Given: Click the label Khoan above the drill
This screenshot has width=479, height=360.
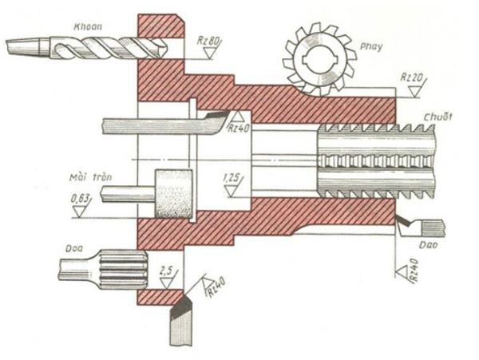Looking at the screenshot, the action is pyautogui.click(x=88, y=26).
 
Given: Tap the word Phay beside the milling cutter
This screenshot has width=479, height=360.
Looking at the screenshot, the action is pyautogui.click(x=370, y=47).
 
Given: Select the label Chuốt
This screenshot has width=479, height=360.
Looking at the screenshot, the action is pyautogui.click(x=437, y=117).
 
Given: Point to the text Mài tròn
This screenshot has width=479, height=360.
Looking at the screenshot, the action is pyautogui.click(x=90, y=177).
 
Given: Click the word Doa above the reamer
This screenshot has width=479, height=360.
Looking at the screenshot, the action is pyautogui.click(x=74, y=248).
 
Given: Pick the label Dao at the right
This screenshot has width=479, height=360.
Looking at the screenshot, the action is pyautogui.click(x=428, y=245).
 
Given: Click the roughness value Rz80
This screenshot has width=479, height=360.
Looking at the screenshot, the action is pyautogui.click(x=208, y=40).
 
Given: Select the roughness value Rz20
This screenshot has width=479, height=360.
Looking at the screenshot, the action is pyautogui.click(x=411, y=77).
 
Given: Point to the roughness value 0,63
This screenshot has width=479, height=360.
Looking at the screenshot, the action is pyautogui.click(x=81, y=199).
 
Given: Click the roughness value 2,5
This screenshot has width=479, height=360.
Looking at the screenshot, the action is pyautogui.click(x=166, y=271).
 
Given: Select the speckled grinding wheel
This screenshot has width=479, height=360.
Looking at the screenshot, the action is pyautogui.click(x=173, y=194).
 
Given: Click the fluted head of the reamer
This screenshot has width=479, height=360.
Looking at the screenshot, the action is pyautogui.click(x=124, y=269).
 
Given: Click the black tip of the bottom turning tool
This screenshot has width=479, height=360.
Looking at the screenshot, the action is pyautogui.click(x=181, y=307).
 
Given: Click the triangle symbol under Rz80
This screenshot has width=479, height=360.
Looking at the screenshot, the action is pyautogui.click(x=209, y=53).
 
